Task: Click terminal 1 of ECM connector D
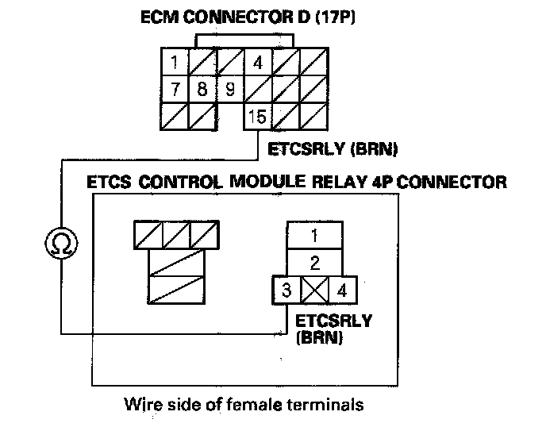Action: [175, 62]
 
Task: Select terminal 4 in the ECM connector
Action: [257, 62]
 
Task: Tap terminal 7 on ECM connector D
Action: [175, 88]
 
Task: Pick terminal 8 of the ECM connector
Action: [202, 88]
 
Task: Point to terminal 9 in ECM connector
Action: [229, 88]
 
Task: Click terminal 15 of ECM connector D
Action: [257, 117]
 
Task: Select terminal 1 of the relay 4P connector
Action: [315, 236]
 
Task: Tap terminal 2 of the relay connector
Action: [315, 262]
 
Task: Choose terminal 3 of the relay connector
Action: [286, 290]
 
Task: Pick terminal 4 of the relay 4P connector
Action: [342, 290]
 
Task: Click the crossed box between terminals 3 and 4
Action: [315, 290]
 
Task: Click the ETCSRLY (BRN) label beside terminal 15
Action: [333, 148]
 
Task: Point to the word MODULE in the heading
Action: [267, 182]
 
